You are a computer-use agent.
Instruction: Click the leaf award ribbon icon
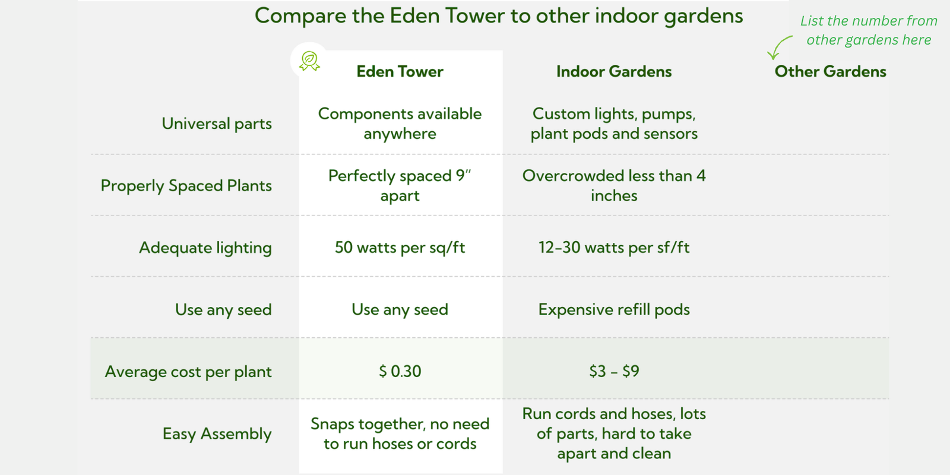click(309, 61)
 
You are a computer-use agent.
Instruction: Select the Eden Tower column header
click(400, 72)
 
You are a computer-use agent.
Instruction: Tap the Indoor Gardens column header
click(614, 72)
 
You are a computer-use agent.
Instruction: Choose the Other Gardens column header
click(831, 72)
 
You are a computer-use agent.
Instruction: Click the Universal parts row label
click(217, 124)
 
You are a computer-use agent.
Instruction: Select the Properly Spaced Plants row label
click(186, 186)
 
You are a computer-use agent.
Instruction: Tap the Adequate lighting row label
click(205, 248)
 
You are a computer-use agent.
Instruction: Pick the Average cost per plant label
click(188, 372)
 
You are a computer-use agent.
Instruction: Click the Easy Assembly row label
click(217, 434)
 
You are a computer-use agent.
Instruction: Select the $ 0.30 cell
click(400, 372)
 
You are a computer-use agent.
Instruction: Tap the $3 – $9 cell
click(614, 372)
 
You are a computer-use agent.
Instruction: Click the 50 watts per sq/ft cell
click(400, 248)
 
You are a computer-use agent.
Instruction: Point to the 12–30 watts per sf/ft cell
click(614, 248)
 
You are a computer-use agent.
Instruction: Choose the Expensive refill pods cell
click(614, 310)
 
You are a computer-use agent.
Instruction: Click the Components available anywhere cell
click(400, 124)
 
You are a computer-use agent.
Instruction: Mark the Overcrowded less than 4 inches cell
click(614, 186)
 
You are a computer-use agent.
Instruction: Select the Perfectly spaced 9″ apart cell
click(400, 186)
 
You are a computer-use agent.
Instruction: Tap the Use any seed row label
click(223, 310)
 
